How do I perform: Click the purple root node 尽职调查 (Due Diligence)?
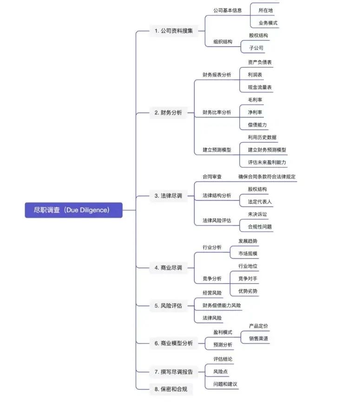coord(73,210)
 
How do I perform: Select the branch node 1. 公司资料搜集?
coord(173,31)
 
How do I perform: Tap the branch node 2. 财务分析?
coord(168,112)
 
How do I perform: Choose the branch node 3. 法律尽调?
coord(168,196)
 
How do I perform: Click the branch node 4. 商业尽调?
coord(168,268)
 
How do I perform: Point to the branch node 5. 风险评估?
coord(168,306)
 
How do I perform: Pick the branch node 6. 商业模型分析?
coord(173,344)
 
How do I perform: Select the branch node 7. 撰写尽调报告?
coord(173,372)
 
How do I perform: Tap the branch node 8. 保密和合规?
coord(171,389)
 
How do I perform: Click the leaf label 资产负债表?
coord(260,62)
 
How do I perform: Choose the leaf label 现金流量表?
coord(260,87)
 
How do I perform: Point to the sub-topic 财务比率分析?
coord(217,112)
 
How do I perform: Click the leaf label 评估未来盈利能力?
coord(267,162)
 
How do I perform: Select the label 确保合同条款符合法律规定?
coord(267,177)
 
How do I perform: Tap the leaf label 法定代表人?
coord(260,202)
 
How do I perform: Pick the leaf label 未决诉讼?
coord(257,214)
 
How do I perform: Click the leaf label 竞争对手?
coord(248,279)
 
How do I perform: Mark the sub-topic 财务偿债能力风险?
coord(222,305)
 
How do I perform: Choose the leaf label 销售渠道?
coord(258,338)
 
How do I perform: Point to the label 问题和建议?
coord(225,384)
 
